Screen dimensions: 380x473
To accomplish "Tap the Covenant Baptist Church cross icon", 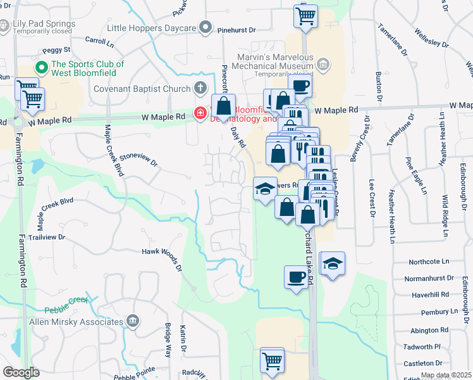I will [x=200, y=88].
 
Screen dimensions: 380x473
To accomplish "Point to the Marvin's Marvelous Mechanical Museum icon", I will [x=323, y=63].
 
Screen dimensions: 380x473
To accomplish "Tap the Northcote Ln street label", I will [x=428, y=261].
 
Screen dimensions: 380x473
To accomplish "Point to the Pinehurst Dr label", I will [x=236, y=30].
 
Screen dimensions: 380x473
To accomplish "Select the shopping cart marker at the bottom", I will [x=273, y=360].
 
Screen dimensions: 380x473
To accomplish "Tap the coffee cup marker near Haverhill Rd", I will [x=296, y=277].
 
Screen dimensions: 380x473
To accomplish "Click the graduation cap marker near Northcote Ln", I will [x=333, y=262].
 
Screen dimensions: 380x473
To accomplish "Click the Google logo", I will [x=21, y=372].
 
